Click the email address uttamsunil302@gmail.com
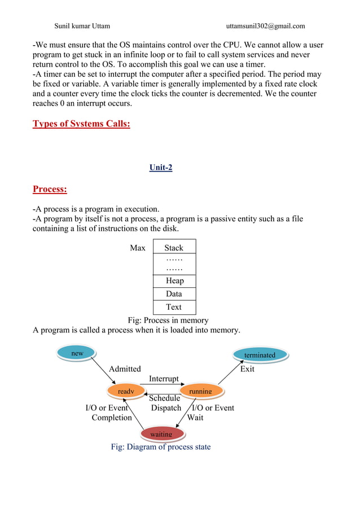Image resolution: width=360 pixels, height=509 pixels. point(265,26)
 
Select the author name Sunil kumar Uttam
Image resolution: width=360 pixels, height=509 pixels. point(82,26)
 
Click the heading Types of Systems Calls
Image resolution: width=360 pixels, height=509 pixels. point(81,124)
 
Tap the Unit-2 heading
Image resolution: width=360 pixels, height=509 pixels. point(161,168)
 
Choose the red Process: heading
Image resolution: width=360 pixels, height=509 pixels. point(50,189)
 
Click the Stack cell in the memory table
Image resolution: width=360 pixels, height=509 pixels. point(174,247)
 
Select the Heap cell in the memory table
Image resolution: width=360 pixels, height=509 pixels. point(174,280)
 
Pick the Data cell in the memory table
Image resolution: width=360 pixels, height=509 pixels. point(174,294)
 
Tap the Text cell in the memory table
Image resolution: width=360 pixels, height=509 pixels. point(174,307)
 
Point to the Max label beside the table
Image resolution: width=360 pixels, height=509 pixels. point(138,248)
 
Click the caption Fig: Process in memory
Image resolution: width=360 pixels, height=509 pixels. point(168,320)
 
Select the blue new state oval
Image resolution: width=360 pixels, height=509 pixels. point(77,353)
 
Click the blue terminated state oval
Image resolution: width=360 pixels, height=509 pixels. point(260,355)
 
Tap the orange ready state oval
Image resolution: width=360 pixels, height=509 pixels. point(125,390)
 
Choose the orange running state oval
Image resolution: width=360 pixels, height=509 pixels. point(200,390)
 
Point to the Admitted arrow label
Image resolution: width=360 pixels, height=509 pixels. point(125,369)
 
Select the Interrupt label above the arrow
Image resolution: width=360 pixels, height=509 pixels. point(164,379)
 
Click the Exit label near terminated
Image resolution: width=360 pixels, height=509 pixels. point(247,369)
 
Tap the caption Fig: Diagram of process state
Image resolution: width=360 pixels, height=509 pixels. point(161,447)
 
